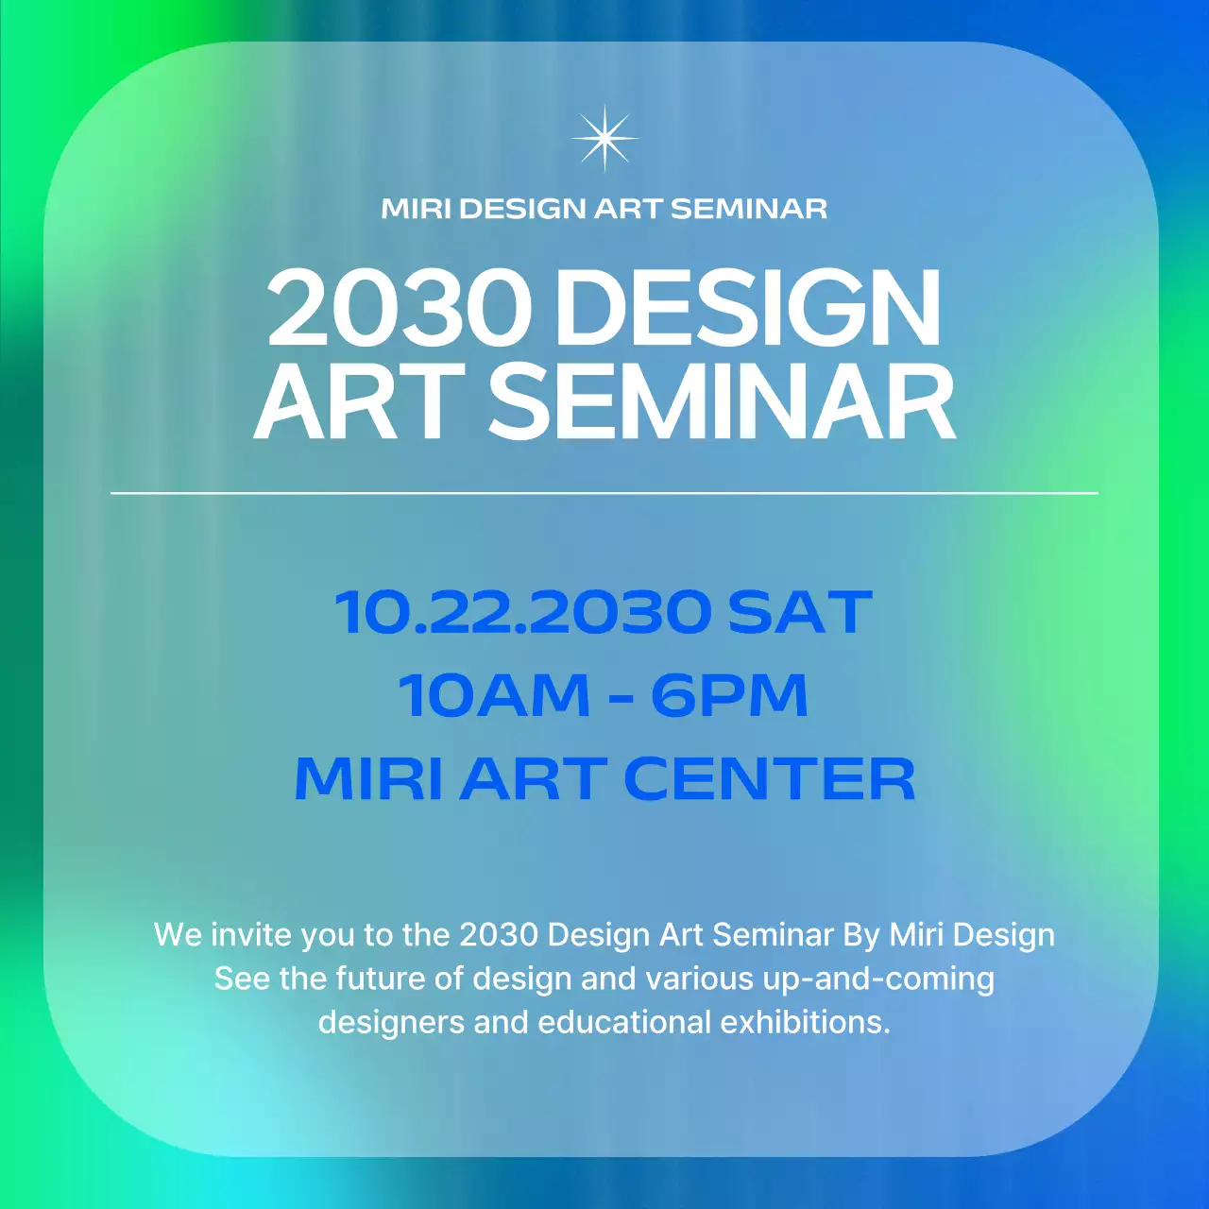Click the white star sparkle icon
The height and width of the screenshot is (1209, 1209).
coord(604,138)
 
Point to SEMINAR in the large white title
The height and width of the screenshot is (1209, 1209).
coord(722,403)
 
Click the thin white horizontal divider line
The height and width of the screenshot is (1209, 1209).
coord(604,493)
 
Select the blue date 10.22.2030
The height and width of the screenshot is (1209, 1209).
coord(523,612)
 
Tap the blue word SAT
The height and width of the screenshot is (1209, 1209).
coord(799,612)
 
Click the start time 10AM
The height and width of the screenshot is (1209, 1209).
coord(494,695)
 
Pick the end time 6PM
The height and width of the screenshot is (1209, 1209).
coord(729,695)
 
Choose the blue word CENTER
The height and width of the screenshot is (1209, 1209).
coord(769,779)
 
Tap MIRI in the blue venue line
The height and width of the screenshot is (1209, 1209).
coord(368,779)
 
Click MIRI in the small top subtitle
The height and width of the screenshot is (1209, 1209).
coord(416,209)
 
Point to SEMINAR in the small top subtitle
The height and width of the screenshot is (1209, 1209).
coord(748,209)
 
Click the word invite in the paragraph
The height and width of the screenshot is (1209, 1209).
coord(250,934)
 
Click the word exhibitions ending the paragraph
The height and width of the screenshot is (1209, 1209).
coord(805,1022)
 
